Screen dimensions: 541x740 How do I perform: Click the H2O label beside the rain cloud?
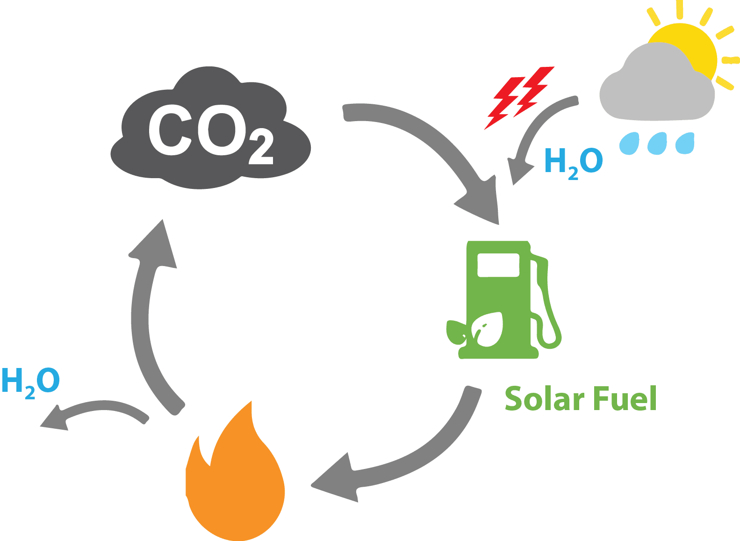click(x=574, y=162)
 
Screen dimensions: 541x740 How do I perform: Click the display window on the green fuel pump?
click(x=498, y=265)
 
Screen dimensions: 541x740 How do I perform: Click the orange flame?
click(x=238, y=486)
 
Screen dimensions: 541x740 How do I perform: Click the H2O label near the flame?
click(x=31, y=382)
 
